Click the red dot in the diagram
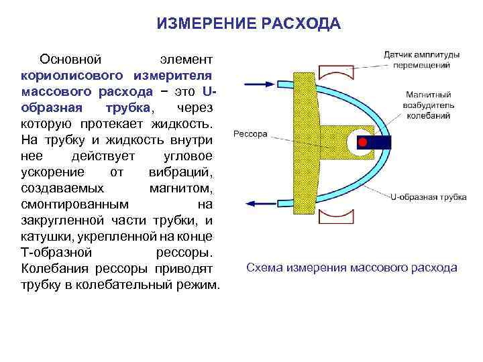click(362, 143)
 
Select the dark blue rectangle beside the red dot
click(380, 143)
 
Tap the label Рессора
click(250, 133)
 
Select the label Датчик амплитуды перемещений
click(421, 60)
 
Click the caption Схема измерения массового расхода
click(352, 267)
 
